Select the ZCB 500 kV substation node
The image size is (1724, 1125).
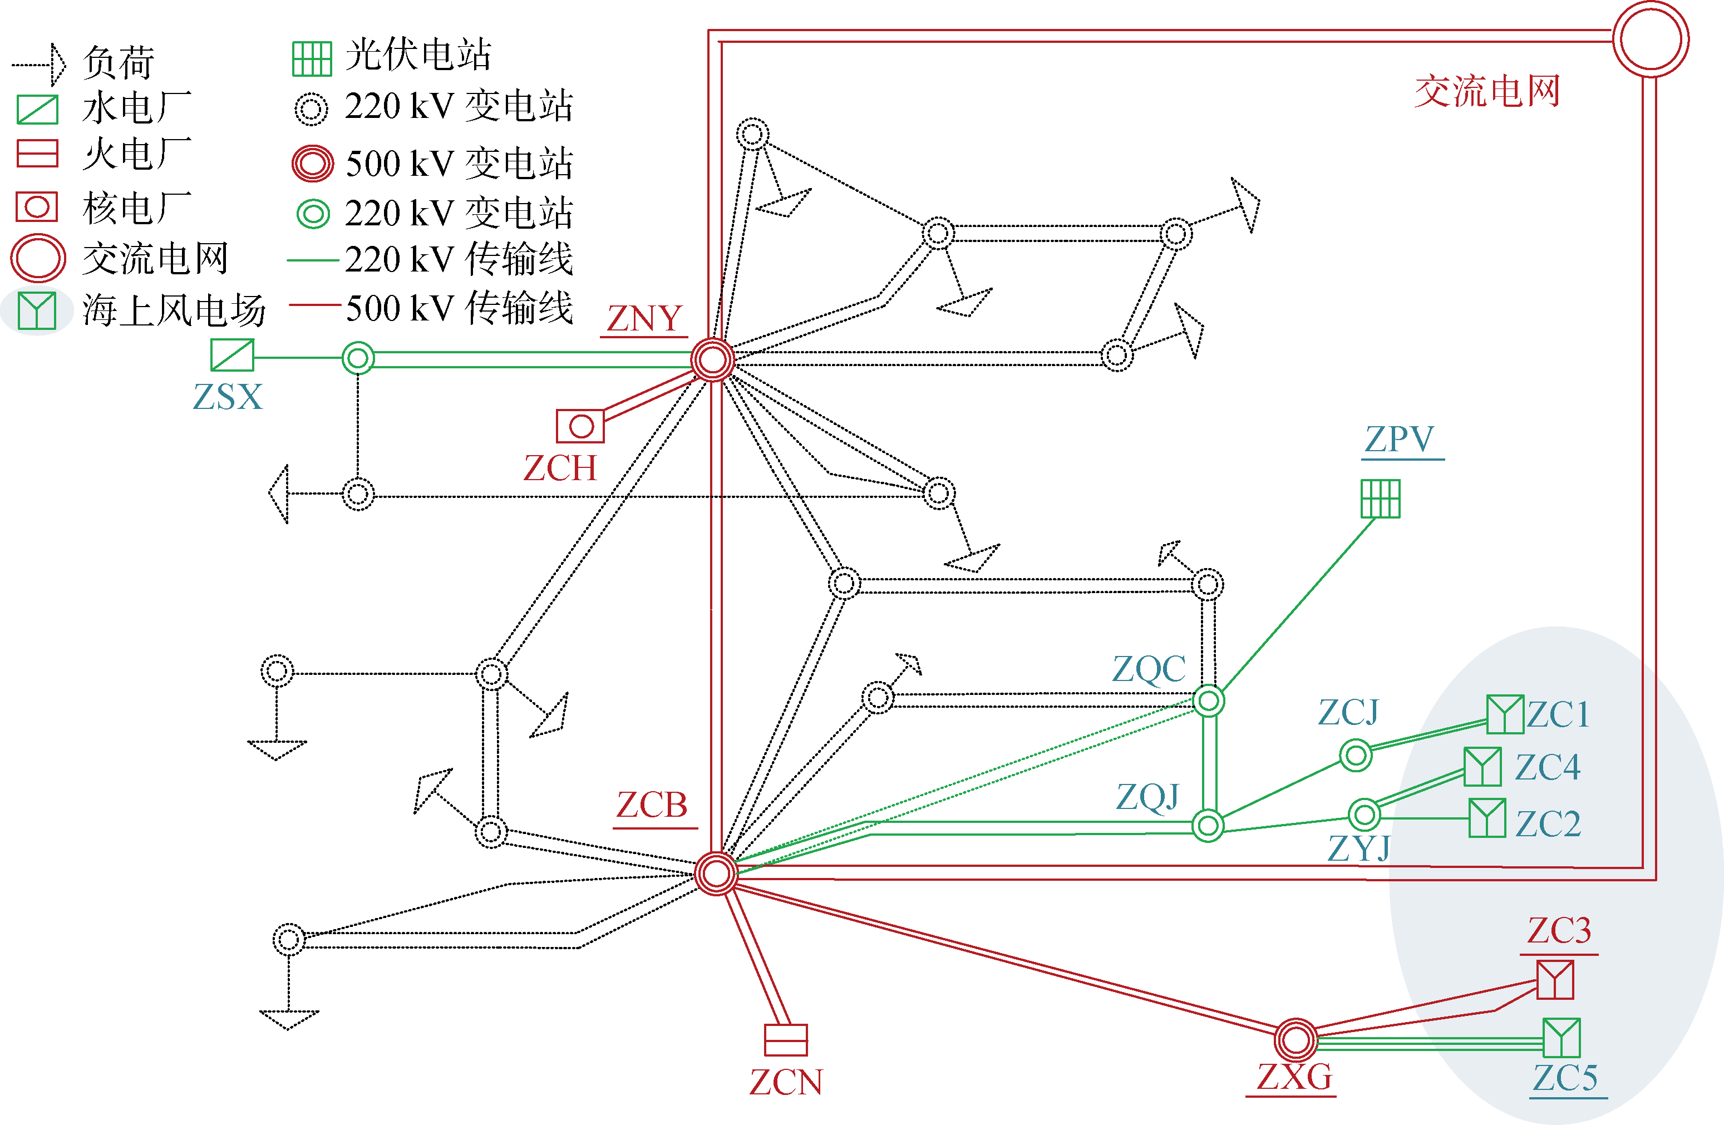click(716, 873)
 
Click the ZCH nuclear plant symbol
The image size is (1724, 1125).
click(580, 426)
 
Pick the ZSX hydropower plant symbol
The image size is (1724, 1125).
click(232, 355)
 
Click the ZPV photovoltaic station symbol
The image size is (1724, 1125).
click(1380, 499)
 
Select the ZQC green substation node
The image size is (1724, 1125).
click(1208, 700)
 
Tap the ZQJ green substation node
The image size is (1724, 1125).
click(1208, 825)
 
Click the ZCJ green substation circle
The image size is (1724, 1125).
click(1355, 756)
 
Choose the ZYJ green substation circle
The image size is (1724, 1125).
click(1365, 814)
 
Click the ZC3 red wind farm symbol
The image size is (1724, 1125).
click(1555, 979)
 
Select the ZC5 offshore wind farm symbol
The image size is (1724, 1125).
click(1561, 1037)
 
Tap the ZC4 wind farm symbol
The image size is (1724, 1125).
click(1482, 767)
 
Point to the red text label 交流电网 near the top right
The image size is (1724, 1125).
click(1486, 92)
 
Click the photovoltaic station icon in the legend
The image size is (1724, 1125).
click(312, 58)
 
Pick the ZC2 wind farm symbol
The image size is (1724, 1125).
click(1487, 818)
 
